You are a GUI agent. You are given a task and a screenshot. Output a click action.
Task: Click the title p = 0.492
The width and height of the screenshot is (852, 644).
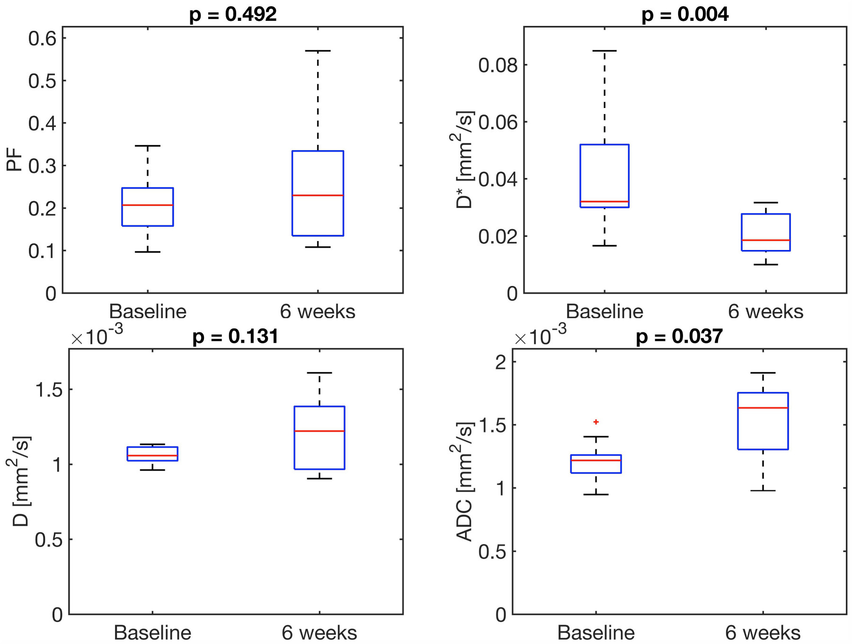point(233,14)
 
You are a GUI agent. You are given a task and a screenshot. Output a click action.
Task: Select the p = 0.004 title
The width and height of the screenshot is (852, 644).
point(685,14)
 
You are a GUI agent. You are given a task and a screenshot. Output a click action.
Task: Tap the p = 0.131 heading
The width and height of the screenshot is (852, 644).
point(235,337)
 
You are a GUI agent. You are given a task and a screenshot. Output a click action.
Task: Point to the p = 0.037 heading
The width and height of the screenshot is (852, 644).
point(679,337)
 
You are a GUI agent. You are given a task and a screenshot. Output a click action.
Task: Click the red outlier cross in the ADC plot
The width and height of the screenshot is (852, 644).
point(596,422)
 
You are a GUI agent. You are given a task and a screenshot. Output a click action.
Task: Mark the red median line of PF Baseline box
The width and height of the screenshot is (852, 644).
point(148,205)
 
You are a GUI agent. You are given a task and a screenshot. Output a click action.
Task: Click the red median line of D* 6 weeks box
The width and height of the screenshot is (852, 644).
point(766,240)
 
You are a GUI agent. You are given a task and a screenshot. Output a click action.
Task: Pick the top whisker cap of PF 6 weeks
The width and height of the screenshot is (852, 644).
point(318,51)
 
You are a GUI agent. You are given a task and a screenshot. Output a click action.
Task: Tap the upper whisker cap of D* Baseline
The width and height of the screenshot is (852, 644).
point(604,51)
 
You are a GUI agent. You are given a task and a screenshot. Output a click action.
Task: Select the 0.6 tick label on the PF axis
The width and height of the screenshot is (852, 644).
point(42,38)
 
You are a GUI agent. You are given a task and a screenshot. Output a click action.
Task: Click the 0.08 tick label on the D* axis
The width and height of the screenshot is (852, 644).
point(498,65)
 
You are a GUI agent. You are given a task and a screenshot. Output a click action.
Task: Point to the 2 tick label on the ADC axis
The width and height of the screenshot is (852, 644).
point(500,362)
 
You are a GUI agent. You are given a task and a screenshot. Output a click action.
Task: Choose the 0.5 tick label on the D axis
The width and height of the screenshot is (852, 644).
point(49,539)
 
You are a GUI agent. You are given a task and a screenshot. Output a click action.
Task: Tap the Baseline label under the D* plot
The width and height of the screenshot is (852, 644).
point(604,312)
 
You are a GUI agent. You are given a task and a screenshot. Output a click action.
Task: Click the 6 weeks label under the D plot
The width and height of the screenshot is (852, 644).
point(319,633)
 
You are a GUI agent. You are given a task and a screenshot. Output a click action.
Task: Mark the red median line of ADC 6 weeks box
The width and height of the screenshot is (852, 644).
point(763,408)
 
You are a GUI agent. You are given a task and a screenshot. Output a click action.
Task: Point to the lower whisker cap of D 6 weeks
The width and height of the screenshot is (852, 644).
point(319,479)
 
